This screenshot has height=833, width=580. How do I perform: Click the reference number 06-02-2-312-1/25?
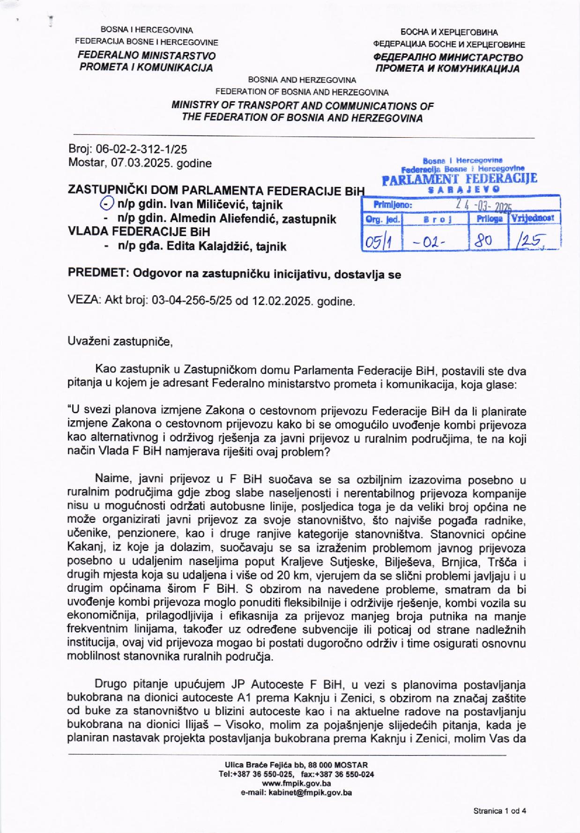(141, 149)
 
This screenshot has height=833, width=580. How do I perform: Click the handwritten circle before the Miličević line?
(107, 204)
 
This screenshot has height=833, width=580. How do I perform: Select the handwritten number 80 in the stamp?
(483, 241)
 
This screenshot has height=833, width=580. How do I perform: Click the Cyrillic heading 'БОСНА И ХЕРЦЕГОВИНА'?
(448, 32)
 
